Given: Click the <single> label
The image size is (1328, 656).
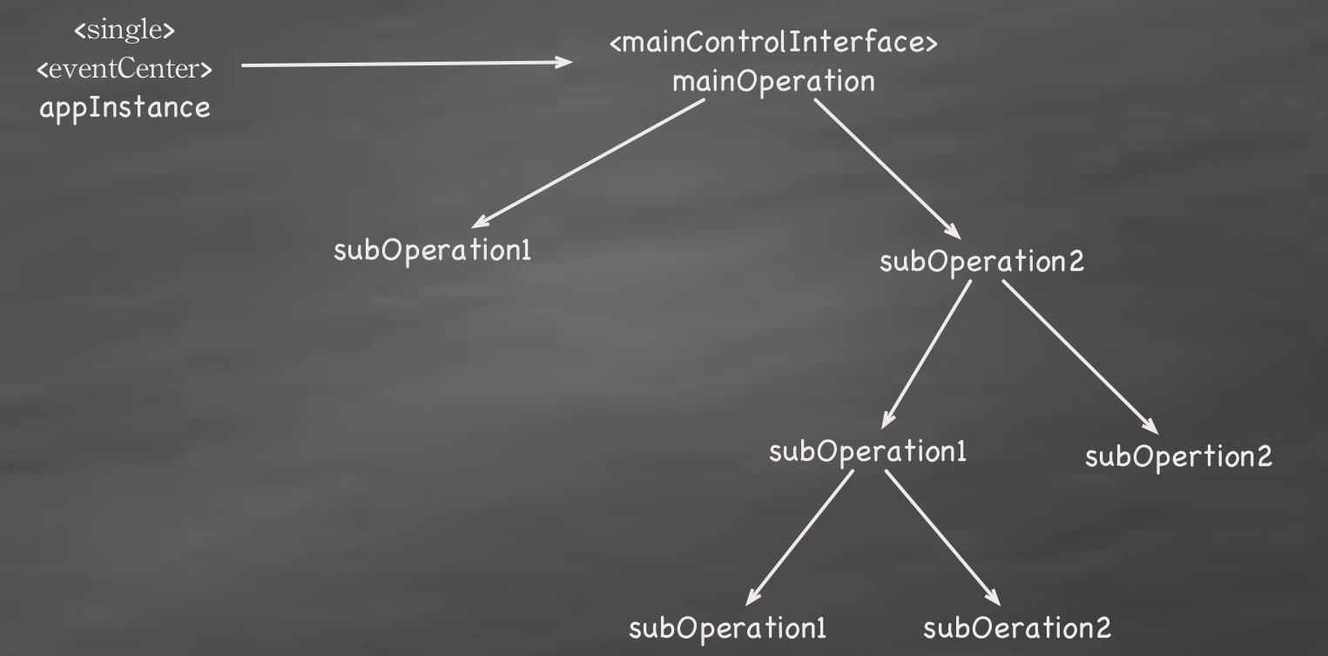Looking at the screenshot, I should click(125, 30).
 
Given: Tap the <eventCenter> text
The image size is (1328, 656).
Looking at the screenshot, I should click(125, 69).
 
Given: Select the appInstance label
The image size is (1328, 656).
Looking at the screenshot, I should click(125, 109).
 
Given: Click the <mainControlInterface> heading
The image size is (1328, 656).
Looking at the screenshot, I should click(773, 44).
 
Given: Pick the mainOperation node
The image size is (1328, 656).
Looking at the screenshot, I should click(773, 82).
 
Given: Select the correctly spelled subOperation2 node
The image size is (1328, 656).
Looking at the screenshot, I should click(982, 261).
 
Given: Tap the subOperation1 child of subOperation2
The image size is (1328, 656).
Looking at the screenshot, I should click(867, 453).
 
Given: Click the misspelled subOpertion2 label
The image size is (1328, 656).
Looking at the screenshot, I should click(1178, 456).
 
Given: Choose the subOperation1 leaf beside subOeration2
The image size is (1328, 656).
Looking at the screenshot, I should click(728, 627).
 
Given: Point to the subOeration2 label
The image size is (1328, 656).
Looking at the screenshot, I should click(1017, 627).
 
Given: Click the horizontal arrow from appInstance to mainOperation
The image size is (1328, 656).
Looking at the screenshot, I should click(407, 64).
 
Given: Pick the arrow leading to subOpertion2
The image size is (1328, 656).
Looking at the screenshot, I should click(1080, 357).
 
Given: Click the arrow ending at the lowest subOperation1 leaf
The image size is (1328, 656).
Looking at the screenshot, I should click(799, 536).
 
